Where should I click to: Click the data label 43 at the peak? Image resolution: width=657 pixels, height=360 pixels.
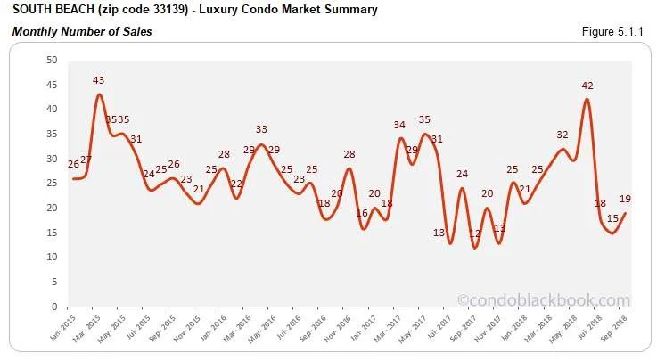click(99, 81)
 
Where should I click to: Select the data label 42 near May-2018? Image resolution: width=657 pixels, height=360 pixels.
click(587, 86)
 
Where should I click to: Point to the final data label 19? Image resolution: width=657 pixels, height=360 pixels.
click(626, 200)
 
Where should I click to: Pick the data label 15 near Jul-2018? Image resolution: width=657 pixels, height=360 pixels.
click(612, 219)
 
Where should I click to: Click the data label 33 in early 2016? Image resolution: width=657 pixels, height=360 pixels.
click(261, 130)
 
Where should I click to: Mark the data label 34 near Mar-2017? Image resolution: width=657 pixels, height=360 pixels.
click(399, 125)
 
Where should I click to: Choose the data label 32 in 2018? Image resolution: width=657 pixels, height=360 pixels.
click(563, 135)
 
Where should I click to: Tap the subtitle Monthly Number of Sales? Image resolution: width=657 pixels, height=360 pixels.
click(81, 32)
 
